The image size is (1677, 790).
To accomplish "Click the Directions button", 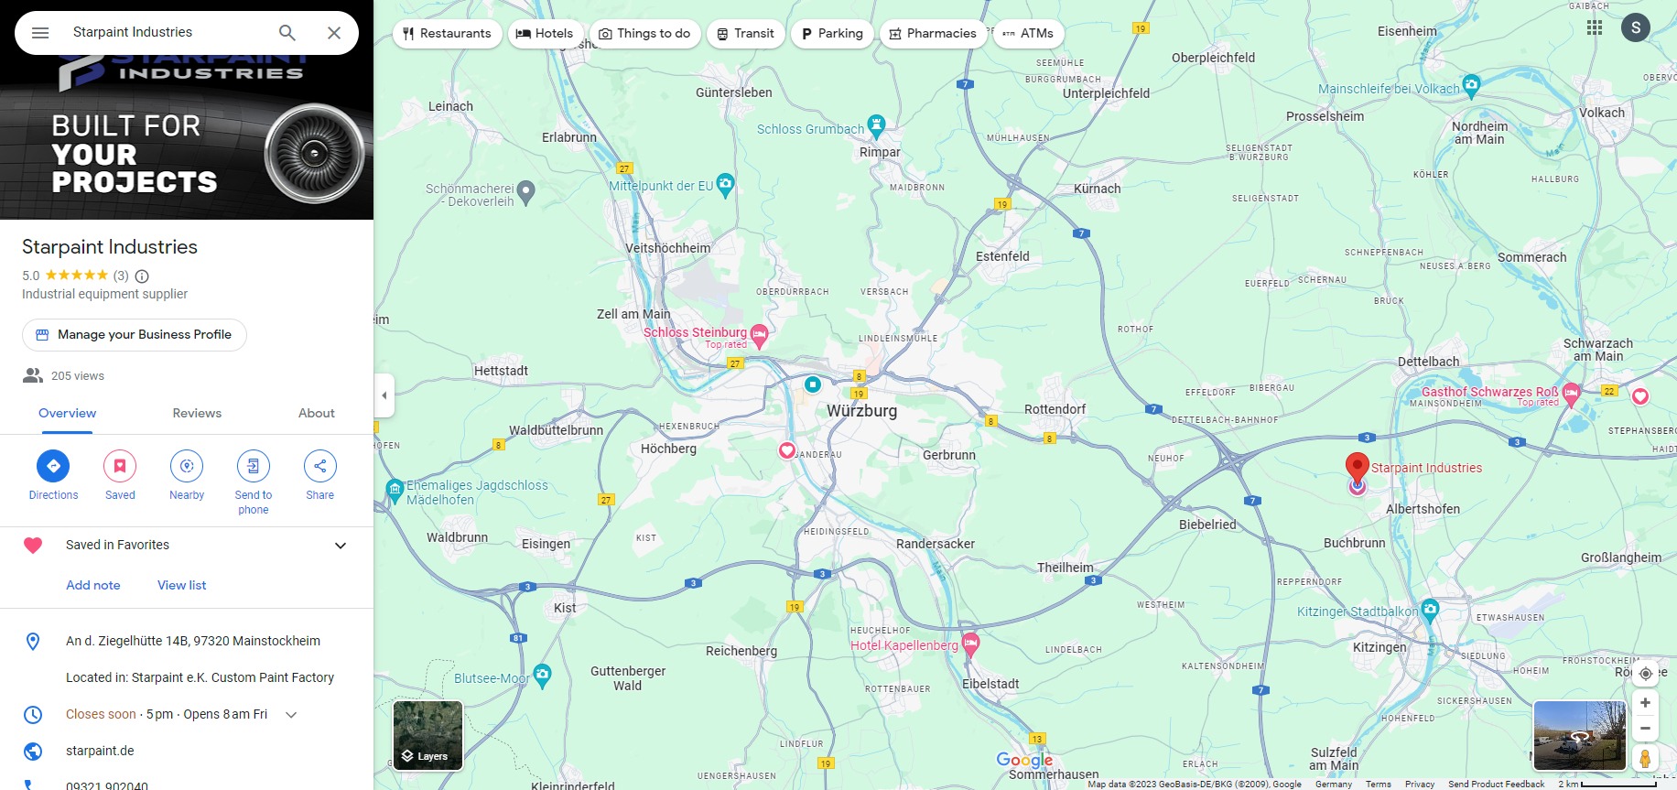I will (53, 466).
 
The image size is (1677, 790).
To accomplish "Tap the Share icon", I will (320, 466).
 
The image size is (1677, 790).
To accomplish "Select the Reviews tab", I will (197, 413).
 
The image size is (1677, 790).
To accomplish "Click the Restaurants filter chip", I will (447, 34).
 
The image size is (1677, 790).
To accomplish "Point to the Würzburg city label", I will (861, 411).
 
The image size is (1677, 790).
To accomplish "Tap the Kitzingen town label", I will (1379, 647).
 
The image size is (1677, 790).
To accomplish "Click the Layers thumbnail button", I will (427, 735).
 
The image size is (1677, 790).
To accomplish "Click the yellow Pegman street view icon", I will (1645, 758).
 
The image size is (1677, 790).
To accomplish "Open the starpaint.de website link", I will (100, 751).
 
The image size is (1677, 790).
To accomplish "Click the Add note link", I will (92, 585).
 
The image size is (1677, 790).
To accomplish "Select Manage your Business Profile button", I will (135, 335).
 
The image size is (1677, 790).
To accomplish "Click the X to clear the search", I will (334, 33).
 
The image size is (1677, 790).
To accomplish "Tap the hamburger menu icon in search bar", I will (40, 33).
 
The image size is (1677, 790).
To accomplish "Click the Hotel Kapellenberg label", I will (903, 645).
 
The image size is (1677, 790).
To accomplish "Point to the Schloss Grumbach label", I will (810, 129).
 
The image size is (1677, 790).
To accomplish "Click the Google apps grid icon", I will (1595, 27).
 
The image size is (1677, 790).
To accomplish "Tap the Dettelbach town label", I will (1428, 362).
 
